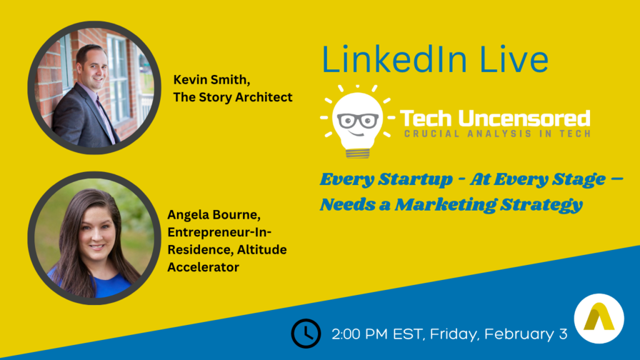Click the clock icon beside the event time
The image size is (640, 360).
[306, 334]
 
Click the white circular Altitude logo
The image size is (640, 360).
[599, 318]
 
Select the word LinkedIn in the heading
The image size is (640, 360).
[394, 59]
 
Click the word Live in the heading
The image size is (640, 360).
[514, 59]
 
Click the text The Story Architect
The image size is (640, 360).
[232, 97]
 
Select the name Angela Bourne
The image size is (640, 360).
[214, 215]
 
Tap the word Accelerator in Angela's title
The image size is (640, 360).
[203, 267]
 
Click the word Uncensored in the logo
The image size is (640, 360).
[524, 118]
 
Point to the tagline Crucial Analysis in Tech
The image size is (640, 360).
[497, 134]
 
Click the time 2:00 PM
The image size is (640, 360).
[360, 334]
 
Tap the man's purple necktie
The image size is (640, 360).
[105, 119]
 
